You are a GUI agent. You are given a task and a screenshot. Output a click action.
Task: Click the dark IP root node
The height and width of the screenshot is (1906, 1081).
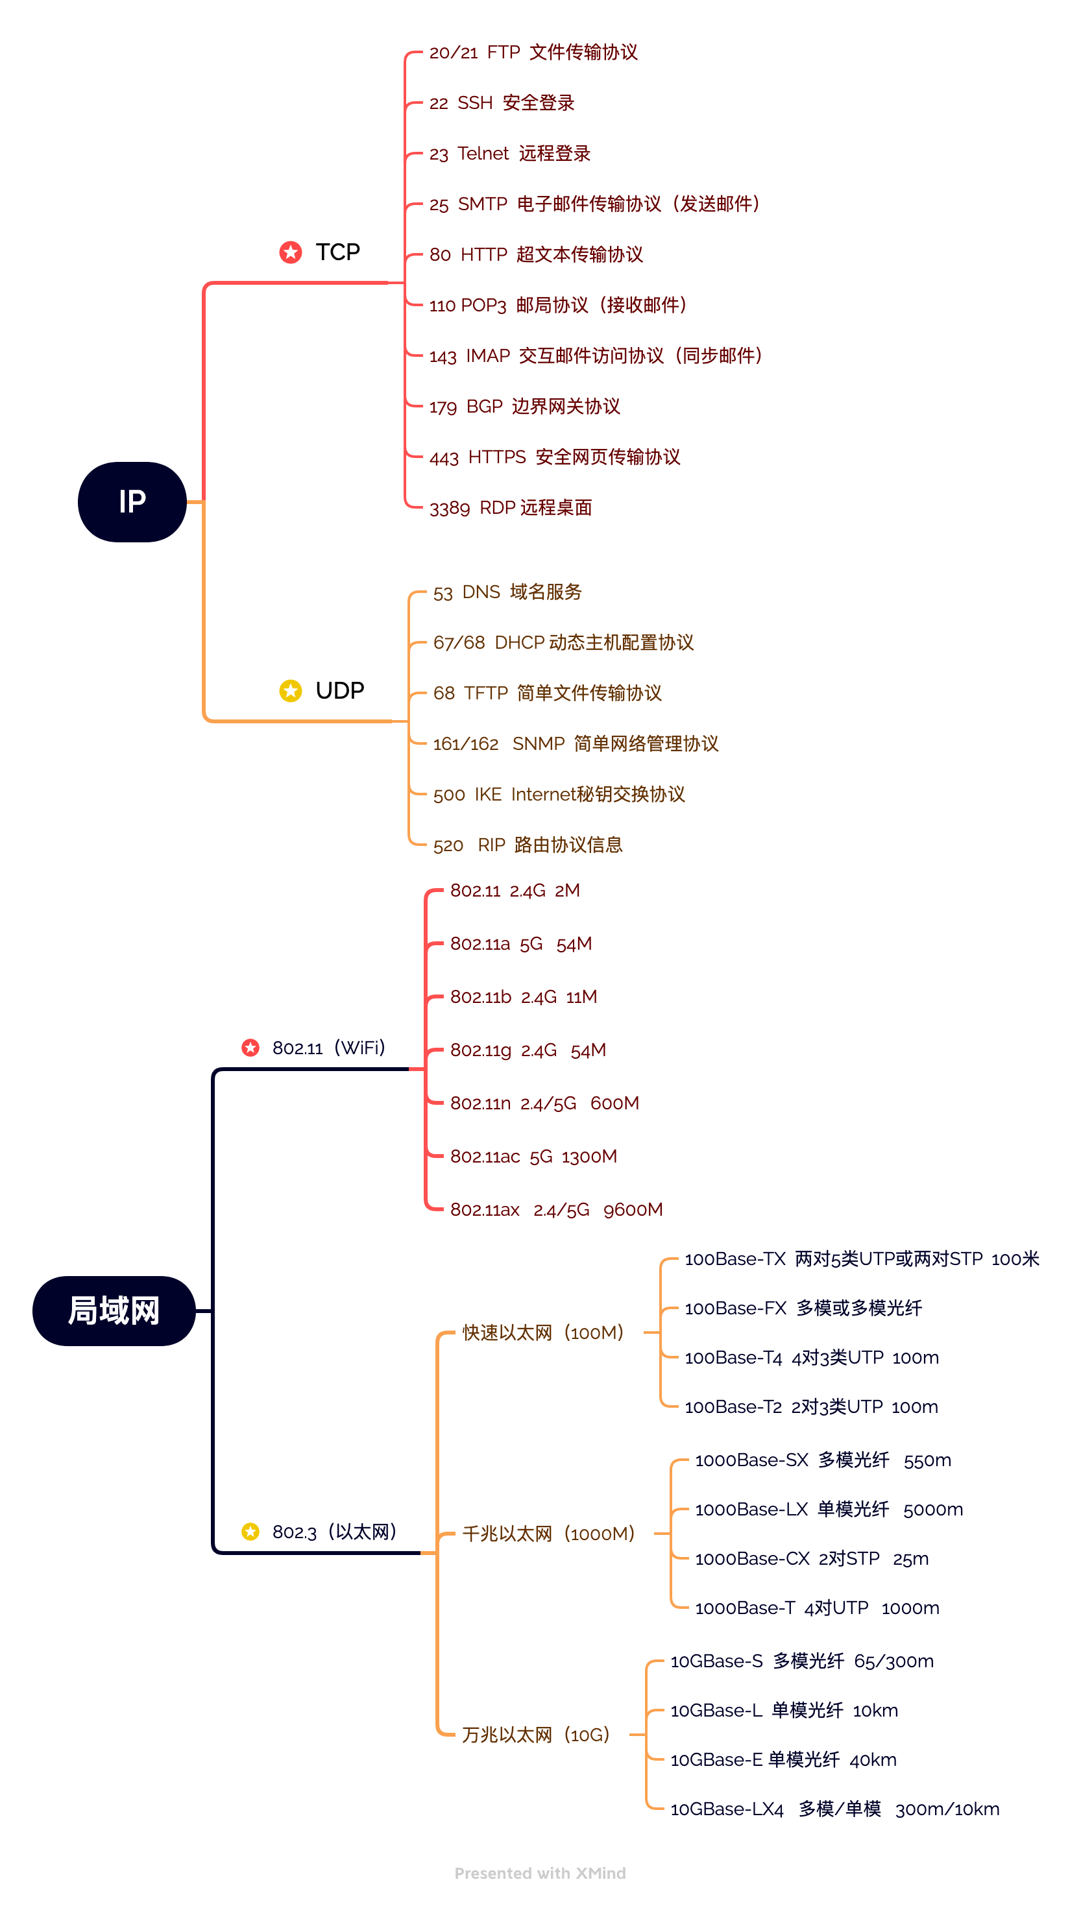(x=132, y=501)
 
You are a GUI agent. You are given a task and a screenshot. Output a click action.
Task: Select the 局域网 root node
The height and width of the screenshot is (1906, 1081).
(x=114, y=1310)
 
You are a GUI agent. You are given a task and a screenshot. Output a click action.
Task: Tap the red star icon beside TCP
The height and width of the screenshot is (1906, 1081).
(x=290, y=252)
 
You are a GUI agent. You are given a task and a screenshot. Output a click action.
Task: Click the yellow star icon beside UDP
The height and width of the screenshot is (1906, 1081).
(x=290, y=691)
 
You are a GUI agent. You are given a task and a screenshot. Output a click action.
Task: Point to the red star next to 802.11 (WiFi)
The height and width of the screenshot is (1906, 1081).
(x=250, y=1047)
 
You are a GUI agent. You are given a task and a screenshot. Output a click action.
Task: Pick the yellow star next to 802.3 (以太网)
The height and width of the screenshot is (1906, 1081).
(x=250, y=1531)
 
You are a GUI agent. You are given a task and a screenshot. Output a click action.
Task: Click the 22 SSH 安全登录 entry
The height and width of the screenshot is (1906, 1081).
(x=502, y=103)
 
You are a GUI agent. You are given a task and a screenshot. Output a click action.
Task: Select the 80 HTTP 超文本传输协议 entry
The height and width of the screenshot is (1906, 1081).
(x=536, y=254)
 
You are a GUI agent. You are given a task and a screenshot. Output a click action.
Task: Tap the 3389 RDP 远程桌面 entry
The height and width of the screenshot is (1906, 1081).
(x=511, y=508)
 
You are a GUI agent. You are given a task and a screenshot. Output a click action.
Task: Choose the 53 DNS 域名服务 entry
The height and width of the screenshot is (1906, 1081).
(x=508, y=592)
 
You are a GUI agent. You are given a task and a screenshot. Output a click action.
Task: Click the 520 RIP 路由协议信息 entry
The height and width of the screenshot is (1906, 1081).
(x=528, y=845)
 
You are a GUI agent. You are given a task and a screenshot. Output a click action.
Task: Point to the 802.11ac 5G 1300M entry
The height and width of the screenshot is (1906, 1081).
(x=534, y=1156)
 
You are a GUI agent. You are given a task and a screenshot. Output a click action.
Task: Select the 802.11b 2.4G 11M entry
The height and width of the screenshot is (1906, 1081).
(x=524, y=997)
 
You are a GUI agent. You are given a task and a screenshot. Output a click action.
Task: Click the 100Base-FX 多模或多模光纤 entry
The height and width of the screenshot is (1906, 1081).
(x=803, y=1308)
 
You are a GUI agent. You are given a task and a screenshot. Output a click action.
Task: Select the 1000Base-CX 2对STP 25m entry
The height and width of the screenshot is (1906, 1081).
(x=812, y=1559)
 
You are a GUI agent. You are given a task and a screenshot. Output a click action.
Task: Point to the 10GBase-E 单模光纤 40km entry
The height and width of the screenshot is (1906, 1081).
(x=783, y=1760)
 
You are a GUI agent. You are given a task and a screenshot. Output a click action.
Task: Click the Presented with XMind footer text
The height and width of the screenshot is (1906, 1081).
(x=540, y=1874)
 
